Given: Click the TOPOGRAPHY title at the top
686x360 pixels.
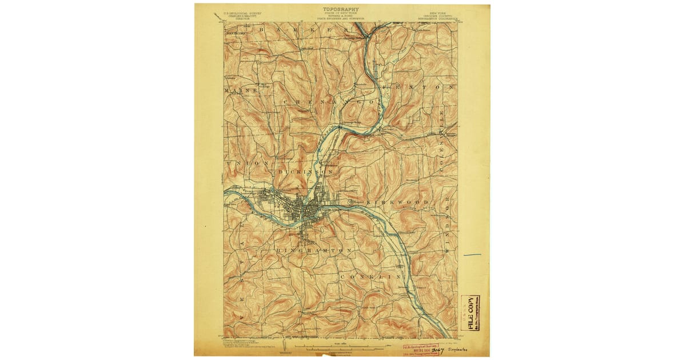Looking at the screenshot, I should click(341, 9).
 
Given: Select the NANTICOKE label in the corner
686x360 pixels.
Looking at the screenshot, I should click(234, 33).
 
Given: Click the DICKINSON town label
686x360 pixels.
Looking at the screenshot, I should click(306, 171).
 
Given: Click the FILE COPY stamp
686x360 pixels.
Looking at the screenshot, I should click(470, 313).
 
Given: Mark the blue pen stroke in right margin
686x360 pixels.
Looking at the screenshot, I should click(472, 254).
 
